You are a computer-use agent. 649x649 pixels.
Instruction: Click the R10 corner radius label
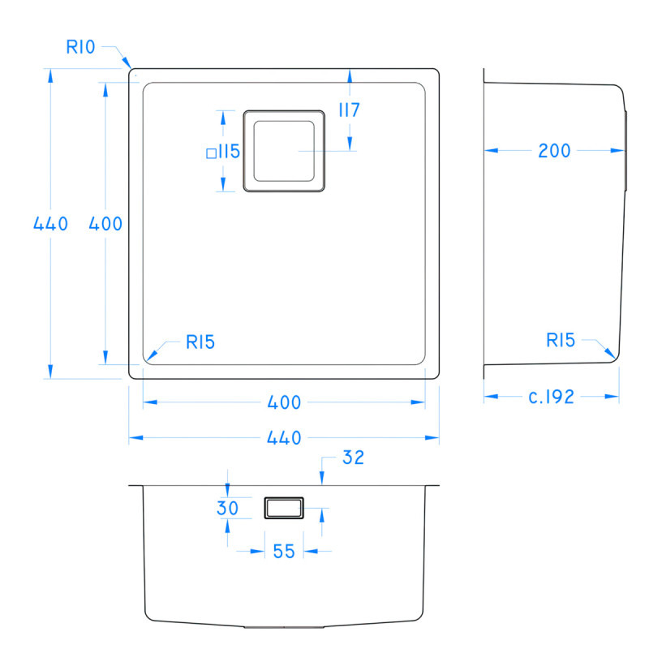coord(81,47)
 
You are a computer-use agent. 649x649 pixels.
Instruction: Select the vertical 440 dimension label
coord(50,224)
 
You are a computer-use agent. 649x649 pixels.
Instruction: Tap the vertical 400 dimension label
coord(105,224)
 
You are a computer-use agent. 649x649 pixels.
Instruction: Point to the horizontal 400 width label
coord(284,402)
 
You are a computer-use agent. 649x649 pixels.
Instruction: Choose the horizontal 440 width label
coord(284,438)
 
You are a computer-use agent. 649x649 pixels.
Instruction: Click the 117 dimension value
coord(349,110)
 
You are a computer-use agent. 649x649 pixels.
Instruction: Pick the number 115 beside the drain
coord(228,151)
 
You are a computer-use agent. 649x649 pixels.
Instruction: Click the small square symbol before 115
coord(211,152)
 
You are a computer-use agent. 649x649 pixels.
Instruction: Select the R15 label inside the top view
coord(200,342)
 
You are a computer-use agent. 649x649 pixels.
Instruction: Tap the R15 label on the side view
coord(561,341)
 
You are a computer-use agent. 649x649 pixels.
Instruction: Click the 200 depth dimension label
coord(555,150)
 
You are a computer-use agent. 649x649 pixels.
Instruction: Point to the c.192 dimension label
coord(552,397)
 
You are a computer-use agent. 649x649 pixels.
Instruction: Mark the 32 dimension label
coord(353,458)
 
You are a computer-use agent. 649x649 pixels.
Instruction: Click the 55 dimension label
coord(283,552)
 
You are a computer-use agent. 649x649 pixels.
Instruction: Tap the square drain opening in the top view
coord(284,151)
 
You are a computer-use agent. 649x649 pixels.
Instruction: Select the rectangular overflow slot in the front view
coord(284,508)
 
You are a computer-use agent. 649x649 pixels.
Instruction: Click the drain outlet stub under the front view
coord(284,626)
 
